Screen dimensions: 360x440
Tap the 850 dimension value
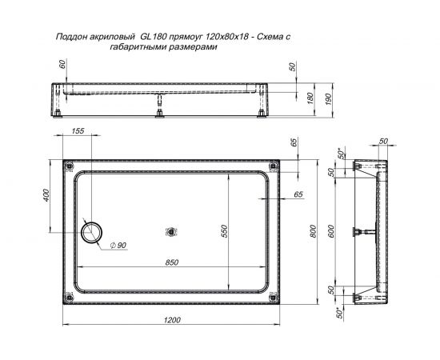172,260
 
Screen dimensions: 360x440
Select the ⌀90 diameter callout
118,245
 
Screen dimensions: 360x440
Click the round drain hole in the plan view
91,232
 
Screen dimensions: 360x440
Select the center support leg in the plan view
170,232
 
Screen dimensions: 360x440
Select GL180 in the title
154,36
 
